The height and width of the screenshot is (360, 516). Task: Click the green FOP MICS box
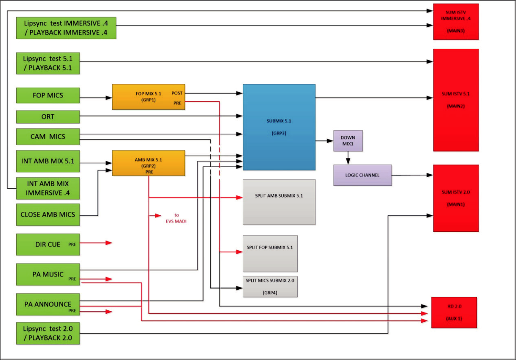click(48, 95)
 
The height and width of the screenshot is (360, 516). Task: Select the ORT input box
click(48, 116)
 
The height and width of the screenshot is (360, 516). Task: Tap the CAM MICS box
click(48, 137)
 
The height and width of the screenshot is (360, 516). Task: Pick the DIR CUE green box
click(48, 244)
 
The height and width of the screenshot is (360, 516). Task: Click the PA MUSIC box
click(48, 274)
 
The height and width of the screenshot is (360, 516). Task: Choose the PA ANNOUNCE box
click(48, 304)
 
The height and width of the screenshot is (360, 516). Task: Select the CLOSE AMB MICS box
click(48, 214)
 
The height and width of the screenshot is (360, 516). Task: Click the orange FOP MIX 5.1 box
click(148, 97)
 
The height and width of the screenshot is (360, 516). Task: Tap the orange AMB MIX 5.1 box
click(148, 163)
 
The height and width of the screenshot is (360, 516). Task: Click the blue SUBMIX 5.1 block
click(279, 127)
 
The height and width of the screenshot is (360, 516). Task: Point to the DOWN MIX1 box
click(348, 141)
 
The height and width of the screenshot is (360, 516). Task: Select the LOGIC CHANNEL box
click(362, 175)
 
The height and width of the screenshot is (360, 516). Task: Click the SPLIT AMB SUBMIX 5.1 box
click(279, 202)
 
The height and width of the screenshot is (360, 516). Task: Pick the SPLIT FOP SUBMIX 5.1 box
click(270, 254)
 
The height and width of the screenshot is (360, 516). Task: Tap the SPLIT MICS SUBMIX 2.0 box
click(270, 286)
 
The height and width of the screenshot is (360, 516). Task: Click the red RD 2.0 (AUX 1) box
click(454, 312)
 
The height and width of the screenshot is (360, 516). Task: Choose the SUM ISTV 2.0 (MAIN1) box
click(456, 198)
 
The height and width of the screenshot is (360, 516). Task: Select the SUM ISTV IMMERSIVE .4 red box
click(456, 22)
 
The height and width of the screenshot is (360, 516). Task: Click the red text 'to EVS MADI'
click(172, 218)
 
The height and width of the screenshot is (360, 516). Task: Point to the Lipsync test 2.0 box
click(48, 333)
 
